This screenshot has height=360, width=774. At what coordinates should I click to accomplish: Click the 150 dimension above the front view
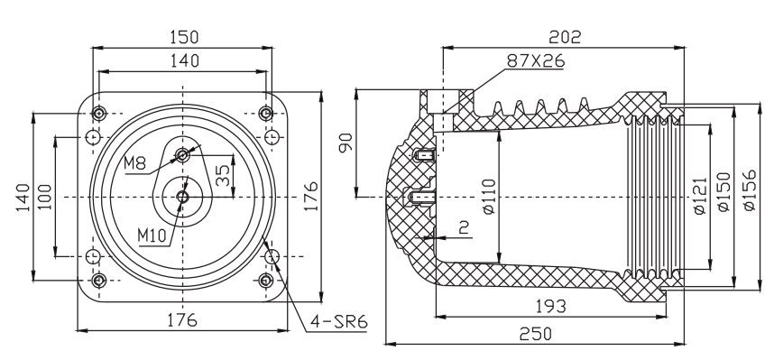click(184, 37)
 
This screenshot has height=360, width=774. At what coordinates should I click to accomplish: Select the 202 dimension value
click(566, 37)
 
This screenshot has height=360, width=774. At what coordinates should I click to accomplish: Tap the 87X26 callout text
click(536, 60)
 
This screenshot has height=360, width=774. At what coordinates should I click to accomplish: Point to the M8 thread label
click(135, 163)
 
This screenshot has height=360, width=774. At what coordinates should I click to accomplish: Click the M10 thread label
click(152, 236)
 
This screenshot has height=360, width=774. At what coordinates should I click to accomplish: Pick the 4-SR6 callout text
click(338, 322)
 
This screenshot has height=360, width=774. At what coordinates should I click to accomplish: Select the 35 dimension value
click(224, 175)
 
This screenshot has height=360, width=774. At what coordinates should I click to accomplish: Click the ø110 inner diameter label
click(488, 196)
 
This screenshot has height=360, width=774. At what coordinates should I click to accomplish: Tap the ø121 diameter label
click(700, 196)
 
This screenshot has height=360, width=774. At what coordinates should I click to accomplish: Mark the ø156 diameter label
click(749, 190)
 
